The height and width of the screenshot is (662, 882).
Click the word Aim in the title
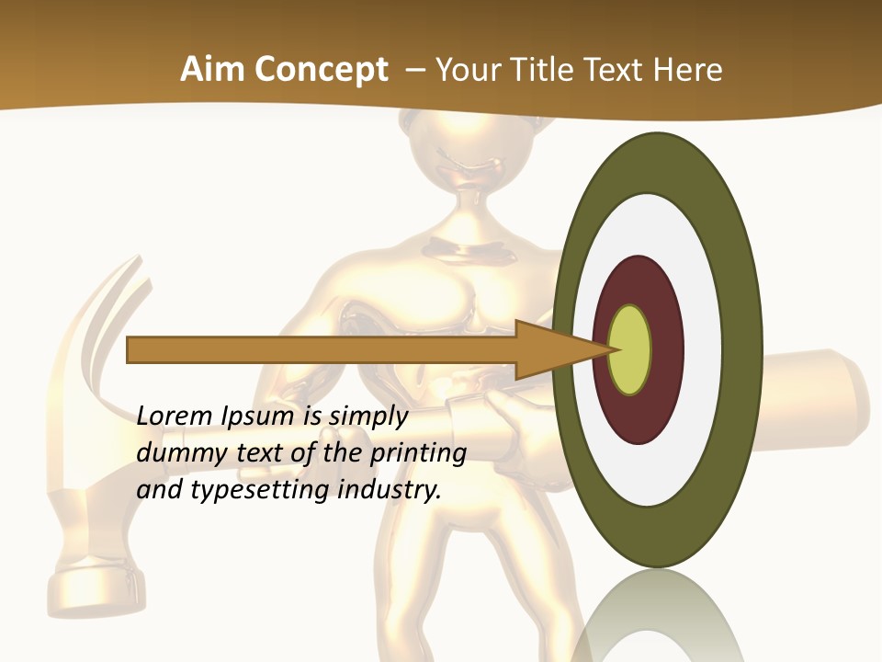click(x=211, y=70)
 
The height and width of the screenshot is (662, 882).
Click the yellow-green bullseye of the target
click(x=630, y=350)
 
